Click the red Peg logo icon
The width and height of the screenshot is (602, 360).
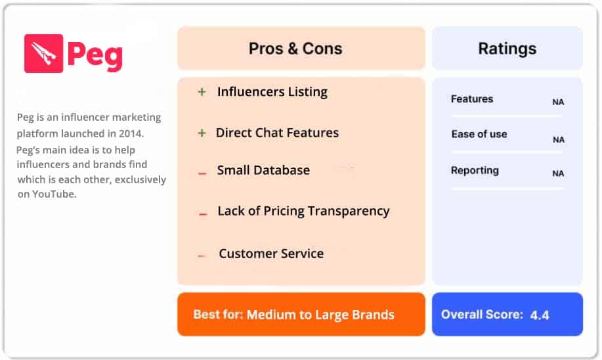coord(43,53)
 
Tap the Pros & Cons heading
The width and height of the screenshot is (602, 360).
coord(295,48)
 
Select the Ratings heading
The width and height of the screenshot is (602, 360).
coord(507,48)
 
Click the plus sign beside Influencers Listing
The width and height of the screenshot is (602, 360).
coord(202,93)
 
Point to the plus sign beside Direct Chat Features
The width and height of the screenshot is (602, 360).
coord(202,133)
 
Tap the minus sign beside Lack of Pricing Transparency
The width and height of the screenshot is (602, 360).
coord(203,214)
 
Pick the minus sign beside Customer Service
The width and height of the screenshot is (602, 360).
coord(202,256)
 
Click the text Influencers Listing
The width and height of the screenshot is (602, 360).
coord(272,92)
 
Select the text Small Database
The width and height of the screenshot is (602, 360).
coord(263,170)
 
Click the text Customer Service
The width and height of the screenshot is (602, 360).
coord(271,254)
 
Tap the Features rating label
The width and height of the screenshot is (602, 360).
coord(471,99)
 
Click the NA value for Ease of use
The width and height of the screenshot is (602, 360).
coord(558,139)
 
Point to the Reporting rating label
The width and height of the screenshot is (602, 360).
coord(475,170)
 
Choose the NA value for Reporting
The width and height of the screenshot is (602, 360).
coord(558,173)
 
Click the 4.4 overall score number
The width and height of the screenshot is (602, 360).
coord(540,315)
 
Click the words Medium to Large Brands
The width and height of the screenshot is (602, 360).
coord(320,315)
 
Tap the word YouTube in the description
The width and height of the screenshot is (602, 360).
coord(55,194)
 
